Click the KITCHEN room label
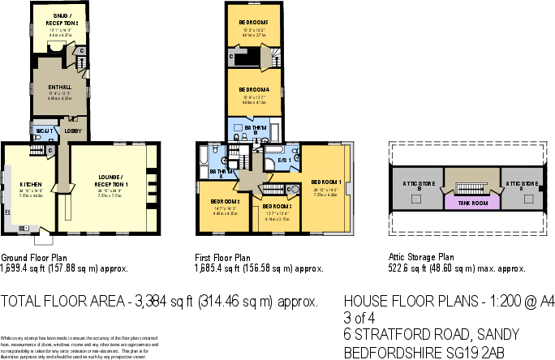[30, 184]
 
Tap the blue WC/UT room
[42, 131]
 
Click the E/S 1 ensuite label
[284, 160]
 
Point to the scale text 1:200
[497, 300]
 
